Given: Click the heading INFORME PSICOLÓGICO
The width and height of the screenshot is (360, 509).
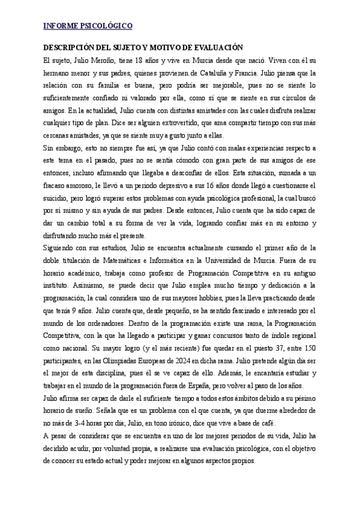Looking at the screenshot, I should tap(88, 26).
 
